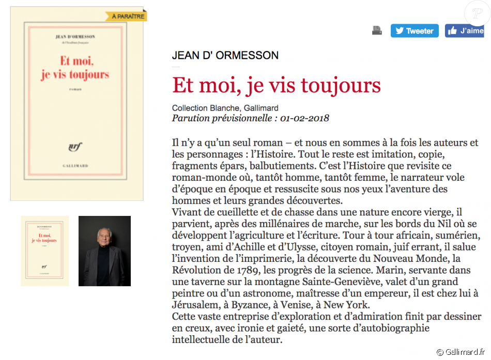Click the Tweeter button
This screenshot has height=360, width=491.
[x=414, y=31]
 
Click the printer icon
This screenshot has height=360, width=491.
[x=377, y=31]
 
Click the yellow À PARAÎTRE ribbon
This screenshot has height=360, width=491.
[x=128, y=17]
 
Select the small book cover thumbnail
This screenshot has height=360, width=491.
[x=44, y=251]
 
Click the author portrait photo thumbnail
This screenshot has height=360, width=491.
[x=104, y=251]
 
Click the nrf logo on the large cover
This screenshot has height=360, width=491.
[x=75, y=146]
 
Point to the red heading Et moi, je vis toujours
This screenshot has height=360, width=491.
[x=276, y=85]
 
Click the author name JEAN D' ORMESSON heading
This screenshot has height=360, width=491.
[x=225, y=55]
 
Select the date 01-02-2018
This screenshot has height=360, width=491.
[x=305, y=118]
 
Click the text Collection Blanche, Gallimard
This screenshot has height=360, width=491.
[x=225, y=108]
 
